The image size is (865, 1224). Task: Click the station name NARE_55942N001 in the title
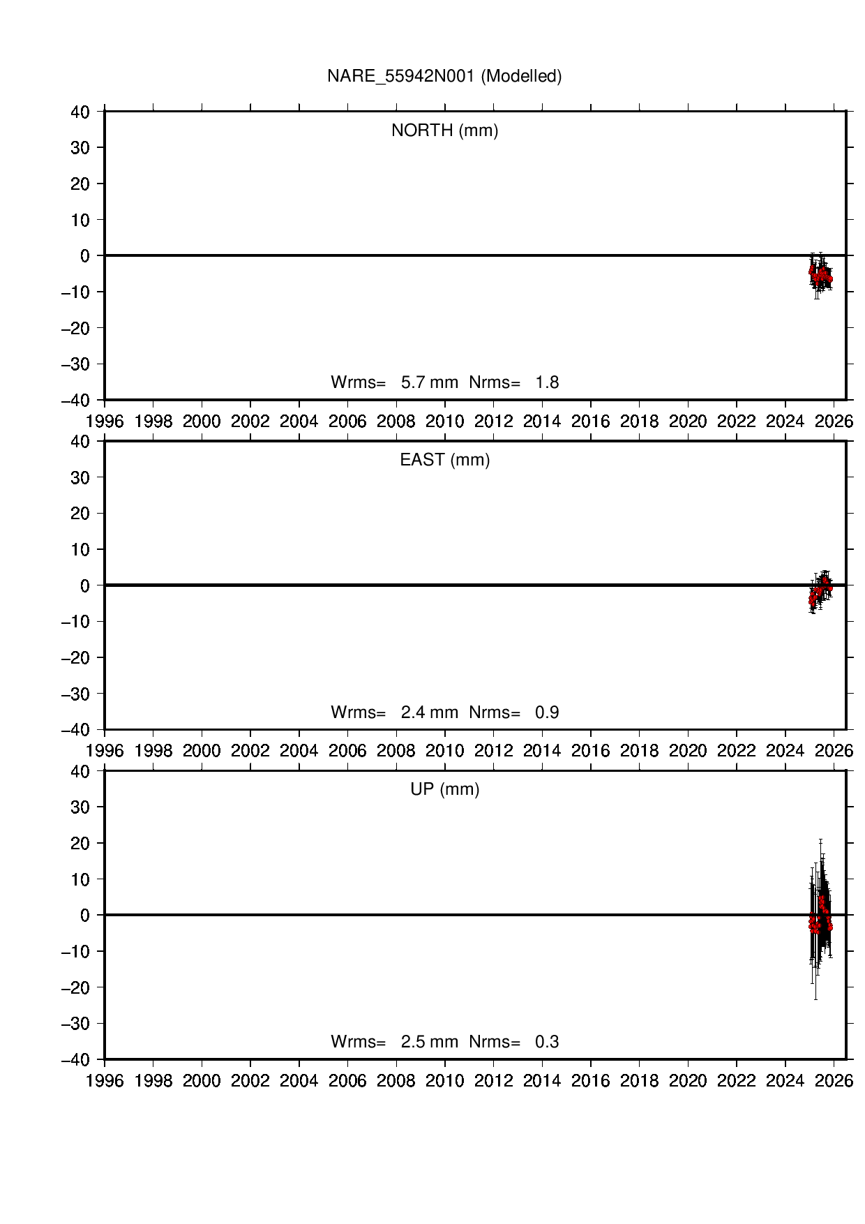coord(400,76)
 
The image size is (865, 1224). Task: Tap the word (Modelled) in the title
coord(521,76)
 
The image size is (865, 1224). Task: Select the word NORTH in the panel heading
coord(422,130)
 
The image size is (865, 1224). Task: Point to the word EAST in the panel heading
coord(422,460)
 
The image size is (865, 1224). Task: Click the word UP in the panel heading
coord(422,789)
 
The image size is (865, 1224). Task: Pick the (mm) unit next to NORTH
coord(479,130)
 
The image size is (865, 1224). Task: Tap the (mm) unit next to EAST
coord(470,460)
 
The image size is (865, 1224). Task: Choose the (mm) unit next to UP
coord(460,789)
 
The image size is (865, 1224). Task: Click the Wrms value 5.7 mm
coord(429,382)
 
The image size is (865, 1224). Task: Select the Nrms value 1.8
coord(547,382)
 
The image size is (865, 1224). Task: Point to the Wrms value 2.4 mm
coord(429,712)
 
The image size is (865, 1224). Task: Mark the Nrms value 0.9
coord(547,712)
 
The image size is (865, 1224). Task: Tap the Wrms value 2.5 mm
coord(429,1042)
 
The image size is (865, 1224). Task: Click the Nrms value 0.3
coord(547,1042)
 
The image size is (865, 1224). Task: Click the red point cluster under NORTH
coord(820,275)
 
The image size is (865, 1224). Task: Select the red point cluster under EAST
coord(819,592)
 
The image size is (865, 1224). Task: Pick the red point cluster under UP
coord(820,916)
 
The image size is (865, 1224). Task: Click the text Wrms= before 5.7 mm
coord(358,382)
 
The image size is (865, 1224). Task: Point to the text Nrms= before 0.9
coord(495,712)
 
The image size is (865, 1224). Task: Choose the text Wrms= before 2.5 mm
coord(358,1042)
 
